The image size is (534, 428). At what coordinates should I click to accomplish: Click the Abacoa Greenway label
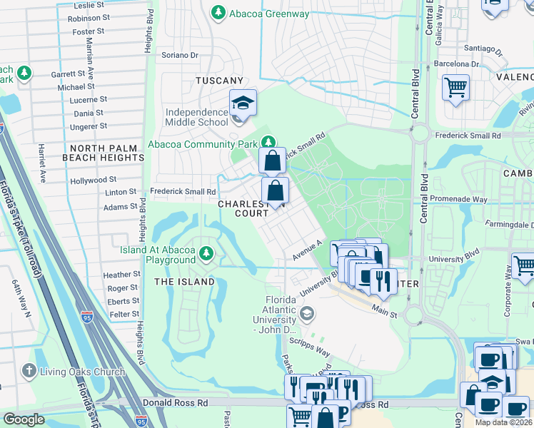pos(268,13)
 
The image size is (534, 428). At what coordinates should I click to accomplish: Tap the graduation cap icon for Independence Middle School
pos(243,103)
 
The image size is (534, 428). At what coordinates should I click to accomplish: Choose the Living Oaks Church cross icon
pos(29,371)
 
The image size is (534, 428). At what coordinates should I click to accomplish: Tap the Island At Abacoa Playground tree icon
pos(206,253)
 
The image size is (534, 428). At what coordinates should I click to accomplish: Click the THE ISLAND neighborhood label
pos(184,282)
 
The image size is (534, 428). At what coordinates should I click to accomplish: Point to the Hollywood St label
pos(93,181)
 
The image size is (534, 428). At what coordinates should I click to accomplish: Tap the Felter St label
pos(124,315)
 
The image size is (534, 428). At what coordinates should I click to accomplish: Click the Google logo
pos(24,420)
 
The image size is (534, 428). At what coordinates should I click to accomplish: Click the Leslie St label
pos(88,5)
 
